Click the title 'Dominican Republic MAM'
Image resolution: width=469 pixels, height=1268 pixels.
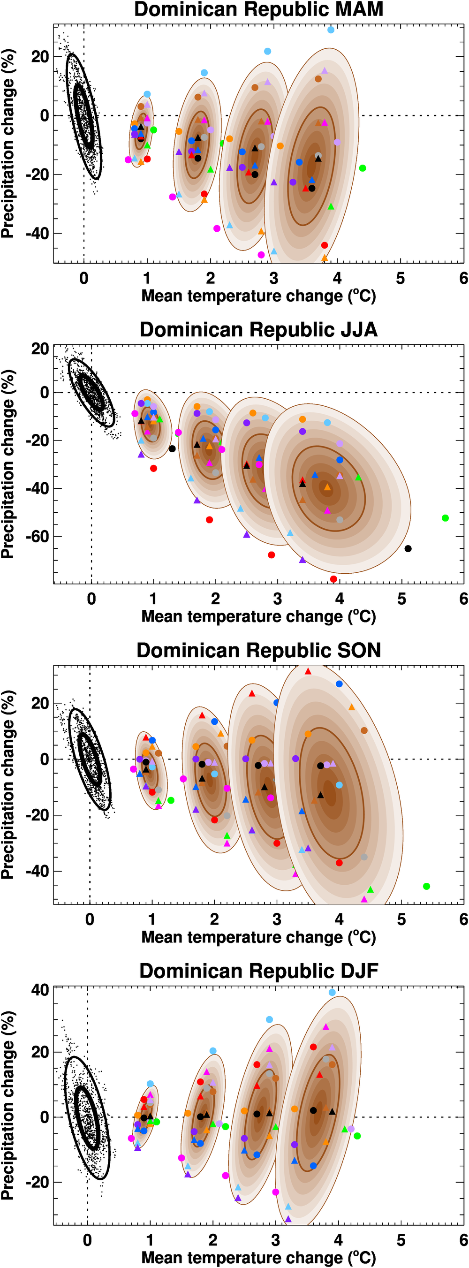(x=258, y=10)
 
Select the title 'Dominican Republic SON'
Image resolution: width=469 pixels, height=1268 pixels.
(x=258, y=650)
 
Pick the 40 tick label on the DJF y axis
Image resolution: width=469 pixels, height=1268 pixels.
(x=40, y=990)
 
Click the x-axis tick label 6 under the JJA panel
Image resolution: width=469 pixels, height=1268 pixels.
(x=463, y=599)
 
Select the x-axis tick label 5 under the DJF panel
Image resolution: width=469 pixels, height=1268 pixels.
(x=401, y=1240)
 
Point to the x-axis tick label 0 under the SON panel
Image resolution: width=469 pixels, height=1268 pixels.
(x=90, y=919)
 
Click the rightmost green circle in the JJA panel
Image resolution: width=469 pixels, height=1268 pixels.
(x=446, y=518)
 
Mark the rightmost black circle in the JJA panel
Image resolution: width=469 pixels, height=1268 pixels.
(x=408, y=548)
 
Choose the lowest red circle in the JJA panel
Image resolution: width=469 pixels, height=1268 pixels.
(x=333, y=579)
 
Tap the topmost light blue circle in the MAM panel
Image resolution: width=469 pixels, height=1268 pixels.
(x=331, y=30)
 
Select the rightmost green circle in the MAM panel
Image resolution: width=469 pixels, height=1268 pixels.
(x=363, y=168)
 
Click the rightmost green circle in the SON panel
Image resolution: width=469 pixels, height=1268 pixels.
(x=427, y=886)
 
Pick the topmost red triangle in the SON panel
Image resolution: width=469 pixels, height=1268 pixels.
(x=308, y=671)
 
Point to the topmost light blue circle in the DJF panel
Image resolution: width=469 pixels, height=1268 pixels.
(x=332, y=992)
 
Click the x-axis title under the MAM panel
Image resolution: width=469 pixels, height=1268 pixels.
(x=258, y=296)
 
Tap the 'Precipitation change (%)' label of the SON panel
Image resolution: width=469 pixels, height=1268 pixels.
(x=8, y=785)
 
